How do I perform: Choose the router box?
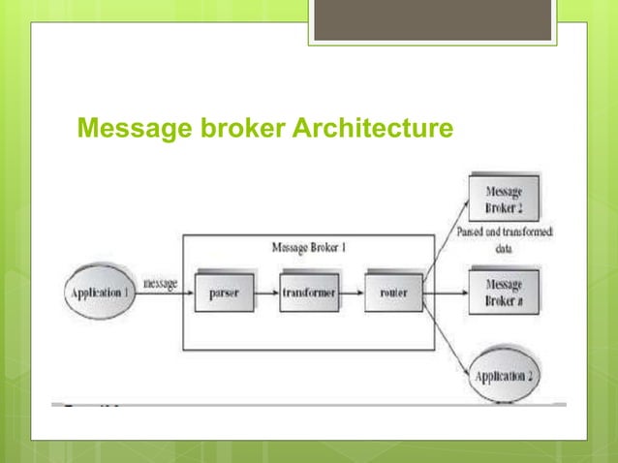tap(393, 292)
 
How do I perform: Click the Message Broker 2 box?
tap(503, 198)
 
